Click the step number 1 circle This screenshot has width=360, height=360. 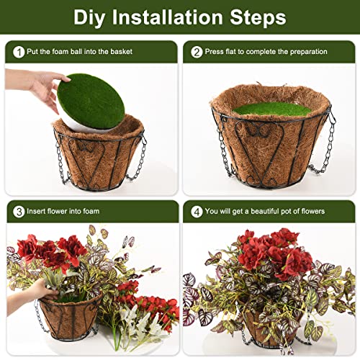(18, 51)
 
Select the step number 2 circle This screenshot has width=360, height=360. (196, 51)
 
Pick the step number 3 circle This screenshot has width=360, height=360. (18, 211)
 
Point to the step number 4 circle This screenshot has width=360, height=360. (196, 211)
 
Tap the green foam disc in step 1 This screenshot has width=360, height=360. (91, 104)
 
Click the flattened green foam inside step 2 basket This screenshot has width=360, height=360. (271, 109)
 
